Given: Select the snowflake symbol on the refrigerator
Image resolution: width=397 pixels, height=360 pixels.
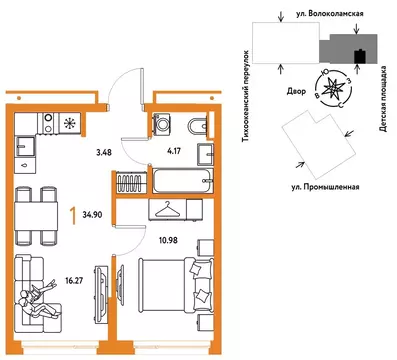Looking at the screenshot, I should click(x=71, y=125).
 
